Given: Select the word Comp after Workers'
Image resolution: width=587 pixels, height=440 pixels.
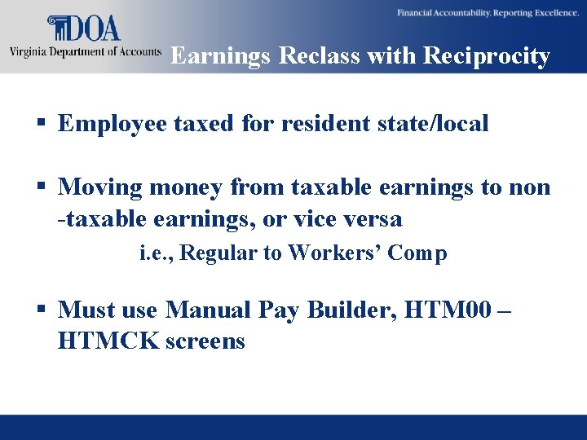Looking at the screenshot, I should click(417, 253).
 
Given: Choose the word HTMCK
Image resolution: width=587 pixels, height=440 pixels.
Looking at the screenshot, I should click(108, 341).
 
